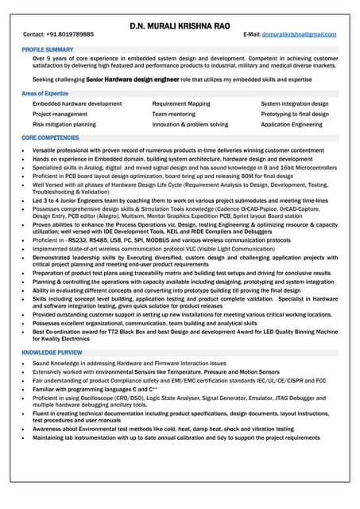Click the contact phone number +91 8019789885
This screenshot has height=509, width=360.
(x=70, y=35)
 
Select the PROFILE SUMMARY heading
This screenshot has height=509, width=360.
(x=48, y=49)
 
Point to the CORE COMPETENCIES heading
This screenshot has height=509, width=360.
(x=50, y=138)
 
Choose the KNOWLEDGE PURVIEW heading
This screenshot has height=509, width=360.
(x=52, y=352)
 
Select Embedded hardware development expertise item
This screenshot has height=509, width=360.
(x=77, y=104)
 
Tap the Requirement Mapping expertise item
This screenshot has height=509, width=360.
(x=181, y=104)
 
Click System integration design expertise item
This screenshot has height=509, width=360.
(x=294, y=104)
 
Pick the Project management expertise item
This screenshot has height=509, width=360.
(x=60, y=115)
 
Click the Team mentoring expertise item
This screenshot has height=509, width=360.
(x=173, y=115)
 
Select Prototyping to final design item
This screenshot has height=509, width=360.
(x=295, y=115)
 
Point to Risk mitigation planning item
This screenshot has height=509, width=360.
(x=64, y=125)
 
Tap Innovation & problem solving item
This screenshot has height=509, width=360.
(x=190, y=125)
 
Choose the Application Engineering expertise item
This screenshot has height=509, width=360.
(x=292, y=125)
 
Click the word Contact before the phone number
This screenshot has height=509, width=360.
(x=33, y=35)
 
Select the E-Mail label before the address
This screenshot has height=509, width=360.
(x=252, y=35)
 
